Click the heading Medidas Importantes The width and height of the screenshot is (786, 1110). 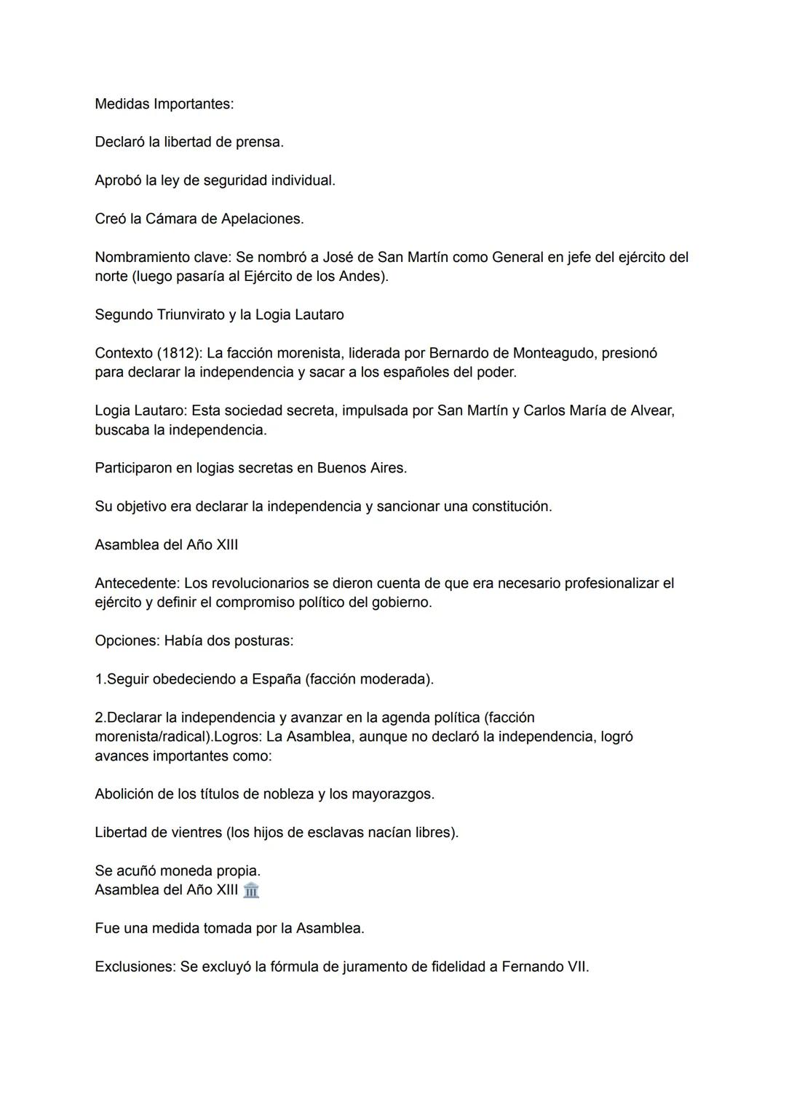point(164,104)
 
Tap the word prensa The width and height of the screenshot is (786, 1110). point(260,143)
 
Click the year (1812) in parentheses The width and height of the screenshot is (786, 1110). point(179,354)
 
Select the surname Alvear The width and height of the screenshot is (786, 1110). point(651,411)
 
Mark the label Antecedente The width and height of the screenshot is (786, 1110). point(137,584)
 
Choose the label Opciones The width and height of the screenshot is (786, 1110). point(127,641)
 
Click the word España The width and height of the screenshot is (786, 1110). point(276,680)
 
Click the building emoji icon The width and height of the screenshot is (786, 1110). point(251,890)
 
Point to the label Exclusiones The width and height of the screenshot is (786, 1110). point(135,967)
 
